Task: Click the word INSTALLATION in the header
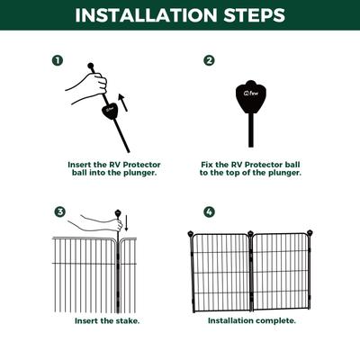144,15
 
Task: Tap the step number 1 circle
58,60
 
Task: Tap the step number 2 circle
209,60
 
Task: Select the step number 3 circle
60,212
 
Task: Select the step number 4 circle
209,212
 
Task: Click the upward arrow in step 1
123,103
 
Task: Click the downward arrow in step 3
125,222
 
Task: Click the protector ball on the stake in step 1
107,113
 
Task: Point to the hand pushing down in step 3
94,217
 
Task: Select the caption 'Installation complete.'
252,320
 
